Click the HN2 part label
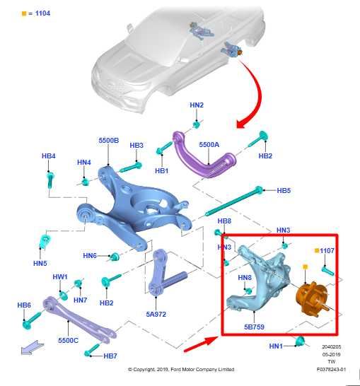point(197,105)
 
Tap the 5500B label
point(109,140)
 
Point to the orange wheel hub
point(311,298)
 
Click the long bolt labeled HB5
point(233,201)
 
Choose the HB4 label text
point(49,156)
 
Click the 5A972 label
point(156,314)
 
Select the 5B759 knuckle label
point(254,327)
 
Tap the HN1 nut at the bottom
point(300,341)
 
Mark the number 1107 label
point(327,250)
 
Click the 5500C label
point(68,341)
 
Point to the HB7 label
point(110,356)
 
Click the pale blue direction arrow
point(33,347)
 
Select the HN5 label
point(40,263)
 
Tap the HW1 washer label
point(60,276)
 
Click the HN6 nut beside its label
point(115,257)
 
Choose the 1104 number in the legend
point(42,13)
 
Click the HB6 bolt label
point(24,305)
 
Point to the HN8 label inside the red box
point(245,278)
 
